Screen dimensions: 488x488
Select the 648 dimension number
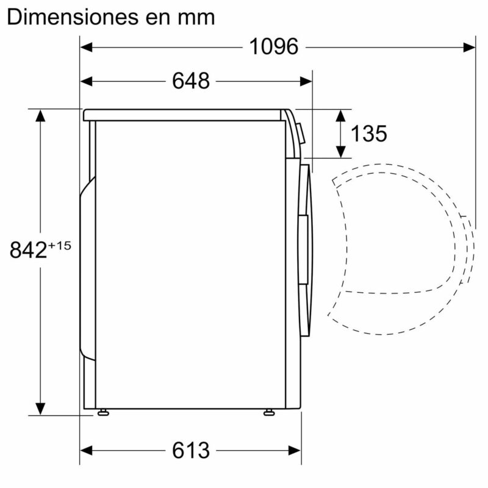190,81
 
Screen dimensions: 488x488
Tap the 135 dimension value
368,134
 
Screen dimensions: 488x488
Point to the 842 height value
28,249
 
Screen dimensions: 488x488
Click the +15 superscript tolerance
60,245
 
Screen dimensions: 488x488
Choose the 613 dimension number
190,451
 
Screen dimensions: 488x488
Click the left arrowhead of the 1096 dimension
87,46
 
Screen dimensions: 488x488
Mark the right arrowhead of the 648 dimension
306,81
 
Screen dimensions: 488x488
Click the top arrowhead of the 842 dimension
40,115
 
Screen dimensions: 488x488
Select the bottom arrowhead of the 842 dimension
40,409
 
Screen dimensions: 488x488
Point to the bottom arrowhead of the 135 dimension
342,151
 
